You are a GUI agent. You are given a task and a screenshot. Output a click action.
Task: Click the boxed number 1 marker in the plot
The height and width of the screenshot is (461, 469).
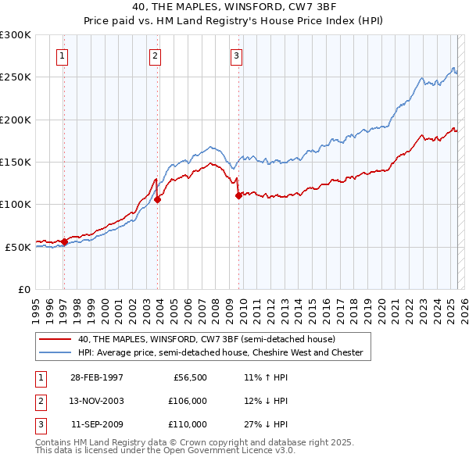[62, 55]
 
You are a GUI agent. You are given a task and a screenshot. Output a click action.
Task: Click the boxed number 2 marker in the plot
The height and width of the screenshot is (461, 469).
[156, 55]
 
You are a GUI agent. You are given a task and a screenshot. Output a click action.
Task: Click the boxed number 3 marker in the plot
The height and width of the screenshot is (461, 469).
[236, 55]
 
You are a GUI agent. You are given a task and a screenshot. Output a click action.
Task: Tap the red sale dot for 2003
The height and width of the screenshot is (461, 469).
[158, 199]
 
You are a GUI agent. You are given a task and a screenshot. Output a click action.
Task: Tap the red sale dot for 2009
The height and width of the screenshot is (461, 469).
[238, 196]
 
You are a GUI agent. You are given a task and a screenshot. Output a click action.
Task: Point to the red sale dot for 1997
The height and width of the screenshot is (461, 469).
[65, 241]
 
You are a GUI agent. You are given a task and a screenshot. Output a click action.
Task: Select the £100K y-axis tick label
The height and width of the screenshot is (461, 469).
[15, 204]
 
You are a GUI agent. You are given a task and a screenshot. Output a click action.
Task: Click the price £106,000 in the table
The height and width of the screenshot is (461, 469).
[188, 401]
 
